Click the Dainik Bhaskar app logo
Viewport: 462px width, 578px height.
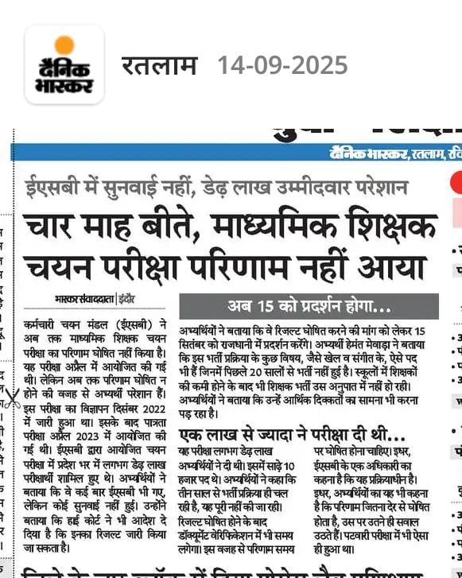pos(64,64)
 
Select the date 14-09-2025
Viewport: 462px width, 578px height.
pos(282,64)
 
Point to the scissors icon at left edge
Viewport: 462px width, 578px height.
pos(11,397)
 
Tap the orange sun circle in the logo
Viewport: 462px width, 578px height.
pos(64,45)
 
